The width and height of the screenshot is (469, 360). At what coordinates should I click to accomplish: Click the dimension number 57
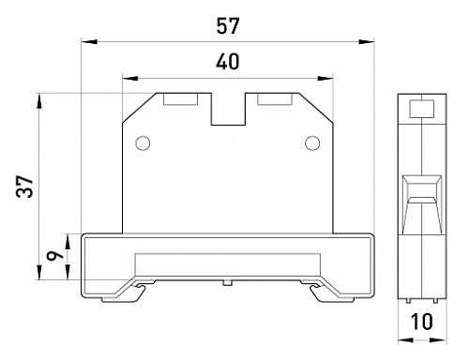click(x=228, y=26)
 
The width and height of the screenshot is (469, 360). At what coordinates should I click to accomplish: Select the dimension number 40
click(x=228, y=62)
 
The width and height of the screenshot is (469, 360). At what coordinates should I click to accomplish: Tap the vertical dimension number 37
click(x=24, y=187)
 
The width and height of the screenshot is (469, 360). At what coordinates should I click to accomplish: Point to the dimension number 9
click(x=54, y=255)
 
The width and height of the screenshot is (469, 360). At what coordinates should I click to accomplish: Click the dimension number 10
click(x=421, y=322)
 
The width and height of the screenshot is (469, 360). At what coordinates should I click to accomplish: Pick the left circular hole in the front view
click(x=143, y=143)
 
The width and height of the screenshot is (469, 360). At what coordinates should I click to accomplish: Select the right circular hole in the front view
click(x=312, y=143)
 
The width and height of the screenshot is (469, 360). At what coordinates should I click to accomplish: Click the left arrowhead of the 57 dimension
click(x=89, y=41)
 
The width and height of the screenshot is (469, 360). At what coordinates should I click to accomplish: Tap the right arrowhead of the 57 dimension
click(x=367, y=41)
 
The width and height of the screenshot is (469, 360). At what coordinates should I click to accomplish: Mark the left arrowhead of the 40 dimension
click(x=130, y=78)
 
